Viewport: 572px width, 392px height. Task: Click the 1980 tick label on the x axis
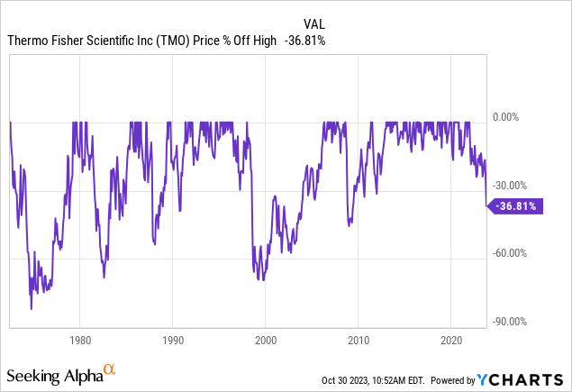coord(79,341)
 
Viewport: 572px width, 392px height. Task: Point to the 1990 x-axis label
coord(173,341)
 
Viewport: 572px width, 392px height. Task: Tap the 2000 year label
coord(266,341)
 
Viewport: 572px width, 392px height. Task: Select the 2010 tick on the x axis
coord(359,341)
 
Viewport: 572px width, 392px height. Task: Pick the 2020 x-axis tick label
coord(451,341)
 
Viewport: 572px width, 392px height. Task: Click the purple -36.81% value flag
coord(517,206)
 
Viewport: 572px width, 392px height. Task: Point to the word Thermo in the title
coord(29,41)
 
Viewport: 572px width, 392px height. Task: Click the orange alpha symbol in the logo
coord(110,369)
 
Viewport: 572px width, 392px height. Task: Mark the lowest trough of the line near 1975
coord(31,309)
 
